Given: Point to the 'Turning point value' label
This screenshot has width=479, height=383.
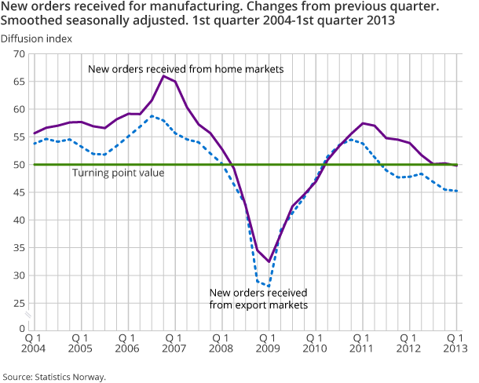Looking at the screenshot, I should point(118,173).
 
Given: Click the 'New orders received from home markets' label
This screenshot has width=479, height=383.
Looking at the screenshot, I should point(185,69).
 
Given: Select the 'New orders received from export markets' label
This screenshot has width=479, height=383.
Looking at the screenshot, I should point(258,298).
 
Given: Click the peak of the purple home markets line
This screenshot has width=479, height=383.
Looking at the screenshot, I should point(163,75).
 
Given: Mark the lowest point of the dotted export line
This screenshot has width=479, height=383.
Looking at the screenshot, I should point(269,286).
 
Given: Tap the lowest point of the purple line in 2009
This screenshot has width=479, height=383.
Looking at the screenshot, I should point(269,261).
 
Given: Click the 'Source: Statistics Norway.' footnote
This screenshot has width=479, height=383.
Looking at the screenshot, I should point(53,376).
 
